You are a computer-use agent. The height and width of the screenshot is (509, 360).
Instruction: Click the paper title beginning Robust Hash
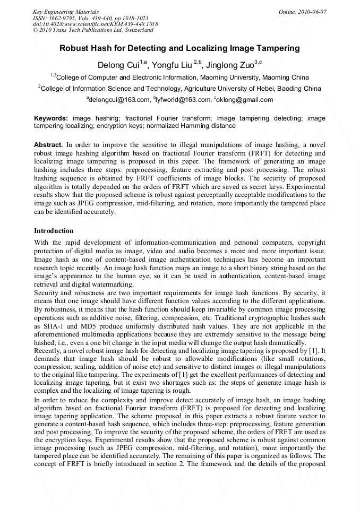(179, 48)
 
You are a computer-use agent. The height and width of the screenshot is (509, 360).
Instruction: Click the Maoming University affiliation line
(179, 77)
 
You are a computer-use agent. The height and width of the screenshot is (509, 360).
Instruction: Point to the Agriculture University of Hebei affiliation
(179, 88)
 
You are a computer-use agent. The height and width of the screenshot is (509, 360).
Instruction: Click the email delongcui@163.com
(119, 99)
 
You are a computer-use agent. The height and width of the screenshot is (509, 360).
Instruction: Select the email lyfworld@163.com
(182, 99)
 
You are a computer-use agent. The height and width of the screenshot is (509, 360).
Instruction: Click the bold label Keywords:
(51, 118)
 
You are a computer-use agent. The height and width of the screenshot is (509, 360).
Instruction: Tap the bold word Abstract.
(48, 144)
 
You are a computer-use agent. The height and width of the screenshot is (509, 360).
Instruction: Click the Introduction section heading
(54, 231)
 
